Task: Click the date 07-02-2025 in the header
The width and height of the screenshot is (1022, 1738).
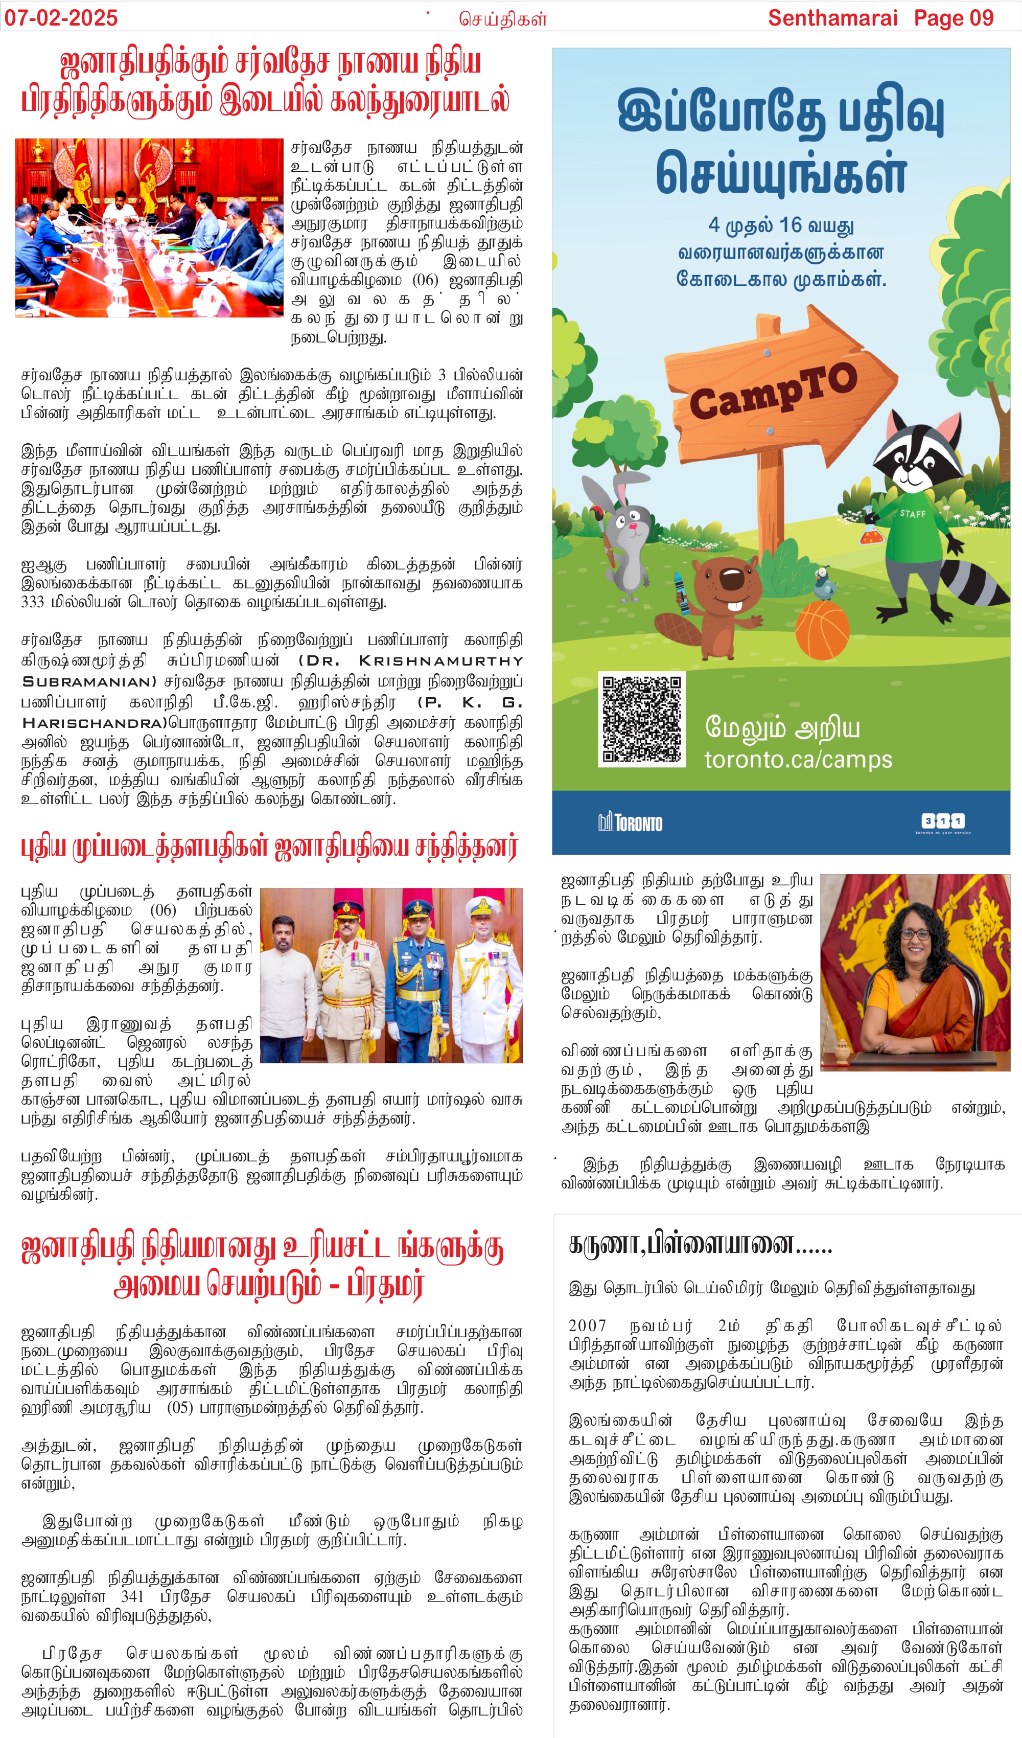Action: (61, 17)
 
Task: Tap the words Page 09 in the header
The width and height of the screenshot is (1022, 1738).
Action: (953, 17)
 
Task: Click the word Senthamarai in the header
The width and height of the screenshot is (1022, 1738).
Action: (832, 17)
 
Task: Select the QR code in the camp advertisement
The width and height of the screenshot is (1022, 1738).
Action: (641, 719)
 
